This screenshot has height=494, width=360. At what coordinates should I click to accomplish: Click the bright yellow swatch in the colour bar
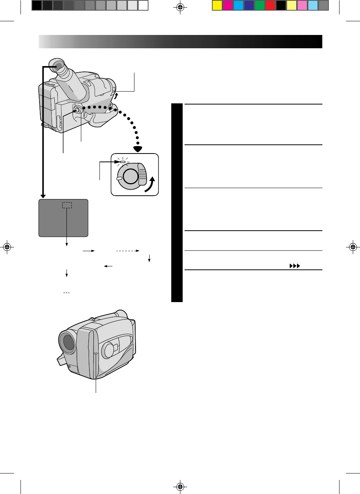pyautogui.click(x=217, y=5)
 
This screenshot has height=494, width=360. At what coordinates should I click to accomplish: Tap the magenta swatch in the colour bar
pyautogui.click(x=227, y=5)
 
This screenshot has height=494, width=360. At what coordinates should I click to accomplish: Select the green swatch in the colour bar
pyautogui.click(x=260, y=5)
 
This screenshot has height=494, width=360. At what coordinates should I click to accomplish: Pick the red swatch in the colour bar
pyautogui.click(x=270, y=5)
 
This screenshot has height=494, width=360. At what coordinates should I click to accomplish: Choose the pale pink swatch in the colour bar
pyautogui.click(x=302, y=5)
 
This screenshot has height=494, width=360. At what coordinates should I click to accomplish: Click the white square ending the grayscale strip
pyautogui.click(x=143, y=5)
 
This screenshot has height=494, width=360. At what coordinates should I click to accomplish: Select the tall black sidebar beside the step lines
pyautogui.click(x=177, y=203)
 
